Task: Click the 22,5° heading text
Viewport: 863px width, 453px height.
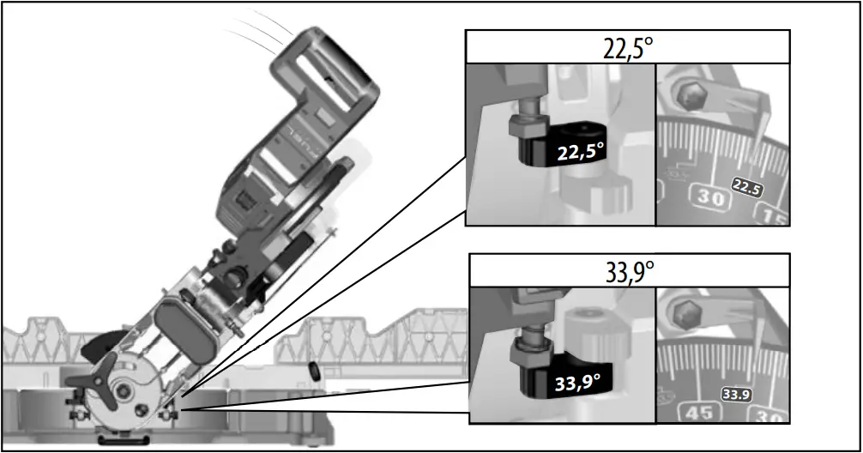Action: point(627,47)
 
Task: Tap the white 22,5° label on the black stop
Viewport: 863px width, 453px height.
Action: point(581,153)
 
